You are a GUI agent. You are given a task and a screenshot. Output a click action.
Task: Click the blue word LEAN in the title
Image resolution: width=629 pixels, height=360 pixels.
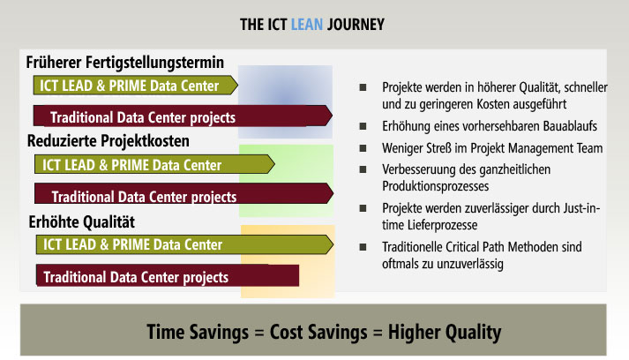(306, 25)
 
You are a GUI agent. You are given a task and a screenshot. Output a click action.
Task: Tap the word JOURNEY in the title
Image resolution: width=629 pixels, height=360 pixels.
(356, 25)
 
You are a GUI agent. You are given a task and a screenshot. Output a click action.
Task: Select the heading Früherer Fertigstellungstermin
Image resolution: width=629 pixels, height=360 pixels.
(124, 63)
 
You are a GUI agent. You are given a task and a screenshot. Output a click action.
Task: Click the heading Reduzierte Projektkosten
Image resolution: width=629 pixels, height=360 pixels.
(108, 141)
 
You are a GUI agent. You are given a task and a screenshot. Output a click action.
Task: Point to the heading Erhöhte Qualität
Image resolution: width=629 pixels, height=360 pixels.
(81, 222)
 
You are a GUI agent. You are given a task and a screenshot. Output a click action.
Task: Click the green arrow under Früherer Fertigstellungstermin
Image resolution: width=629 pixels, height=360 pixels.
(136, 85)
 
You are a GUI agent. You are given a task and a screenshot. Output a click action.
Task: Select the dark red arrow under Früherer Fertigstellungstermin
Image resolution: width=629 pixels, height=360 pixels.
(183, 116)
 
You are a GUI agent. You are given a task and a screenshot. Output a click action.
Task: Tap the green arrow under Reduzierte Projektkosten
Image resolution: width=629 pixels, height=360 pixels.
(154, 164)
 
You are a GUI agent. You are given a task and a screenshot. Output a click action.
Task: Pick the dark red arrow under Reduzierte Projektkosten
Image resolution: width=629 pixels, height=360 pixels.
(183, 193)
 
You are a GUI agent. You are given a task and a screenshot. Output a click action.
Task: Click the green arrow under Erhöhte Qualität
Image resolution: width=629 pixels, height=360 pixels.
(184, 244)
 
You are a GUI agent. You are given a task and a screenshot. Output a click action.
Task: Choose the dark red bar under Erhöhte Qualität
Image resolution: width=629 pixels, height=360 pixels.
(168, 275)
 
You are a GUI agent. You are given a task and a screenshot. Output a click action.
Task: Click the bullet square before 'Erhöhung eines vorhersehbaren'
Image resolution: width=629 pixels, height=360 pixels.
(363, 126)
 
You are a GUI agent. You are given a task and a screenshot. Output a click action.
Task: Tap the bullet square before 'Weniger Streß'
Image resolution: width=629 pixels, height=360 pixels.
(363, 148)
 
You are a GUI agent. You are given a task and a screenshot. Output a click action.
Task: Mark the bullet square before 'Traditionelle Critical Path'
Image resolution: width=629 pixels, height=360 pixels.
(363, 247)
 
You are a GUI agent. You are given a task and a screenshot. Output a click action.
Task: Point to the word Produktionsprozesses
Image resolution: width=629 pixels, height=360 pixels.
(435, 186)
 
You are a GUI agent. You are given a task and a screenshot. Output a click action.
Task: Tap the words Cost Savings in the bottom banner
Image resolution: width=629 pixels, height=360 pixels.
(318, 333)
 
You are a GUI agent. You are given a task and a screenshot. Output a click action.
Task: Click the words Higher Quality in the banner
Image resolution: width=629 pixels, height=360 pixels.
(445, 333)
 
